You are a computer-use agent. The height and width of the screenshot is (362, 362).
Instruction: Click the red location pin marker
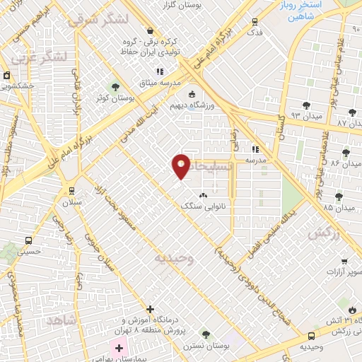point(181,166)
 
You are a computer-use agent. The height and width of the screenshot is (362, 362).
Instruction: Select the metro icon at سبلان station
point(72,191)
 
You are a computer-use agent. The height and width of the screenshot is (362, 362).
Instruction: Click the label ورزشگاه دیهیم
point(191,106)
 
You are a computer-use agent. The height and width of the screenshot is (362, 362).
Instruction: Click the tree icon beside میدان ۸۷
point(352,113)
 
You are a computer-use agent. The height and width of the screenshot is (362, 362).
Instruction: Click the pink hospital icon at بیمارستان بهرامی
point(118,347)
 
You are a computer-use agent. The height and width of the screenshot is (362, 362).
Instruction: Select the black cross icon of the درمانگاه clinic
point(150,309)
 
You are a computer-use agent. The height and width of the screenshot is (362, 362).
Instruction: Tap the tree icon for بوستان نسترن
point(206,334)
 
